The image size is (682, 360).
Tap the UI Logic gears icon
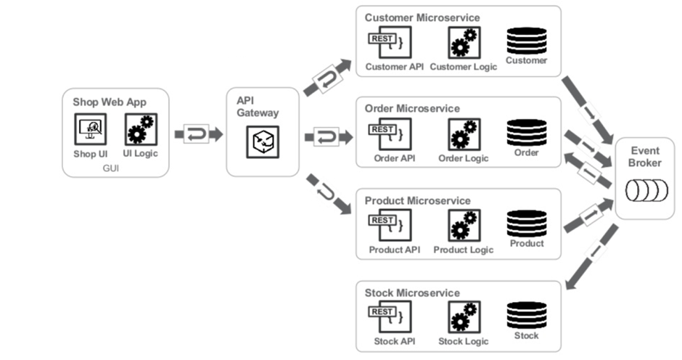coord(141,130)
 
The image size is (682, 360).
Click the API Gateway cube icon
coord(262,142)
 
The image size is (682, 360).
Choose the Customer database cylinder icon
coord(527,40)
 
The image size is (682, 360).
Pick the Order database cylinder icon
coord(527,132)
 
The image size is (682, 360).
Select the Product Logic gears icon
coord(463,226)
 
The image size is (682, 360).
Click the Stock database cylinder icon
coord(527,316)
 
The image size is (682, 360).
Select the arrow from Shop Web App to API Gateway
coord(197,134)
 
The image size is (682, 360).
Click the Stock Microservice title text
coord(411,293)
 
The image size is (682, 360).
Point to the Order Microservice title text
coord(412,109)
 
